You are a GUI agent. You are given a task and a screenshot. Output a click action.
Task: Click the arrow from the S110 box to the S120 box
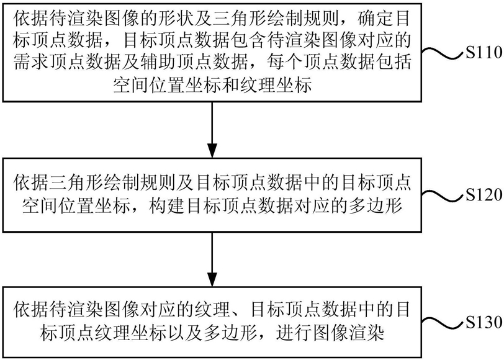212,130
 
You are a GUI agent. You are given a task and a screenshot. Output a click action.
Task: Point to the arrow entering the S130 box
212,259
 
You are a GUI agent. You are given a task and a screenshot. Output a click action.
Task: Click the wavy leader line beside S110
444,53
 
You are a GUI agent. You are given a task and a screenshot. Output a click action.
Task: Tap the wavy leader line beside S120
444,195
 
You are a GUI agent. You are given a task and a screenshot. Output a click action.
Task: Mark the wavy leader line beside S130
444,322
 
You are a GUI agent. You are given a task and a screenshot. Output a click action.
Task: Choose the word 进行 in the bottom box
293,332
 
